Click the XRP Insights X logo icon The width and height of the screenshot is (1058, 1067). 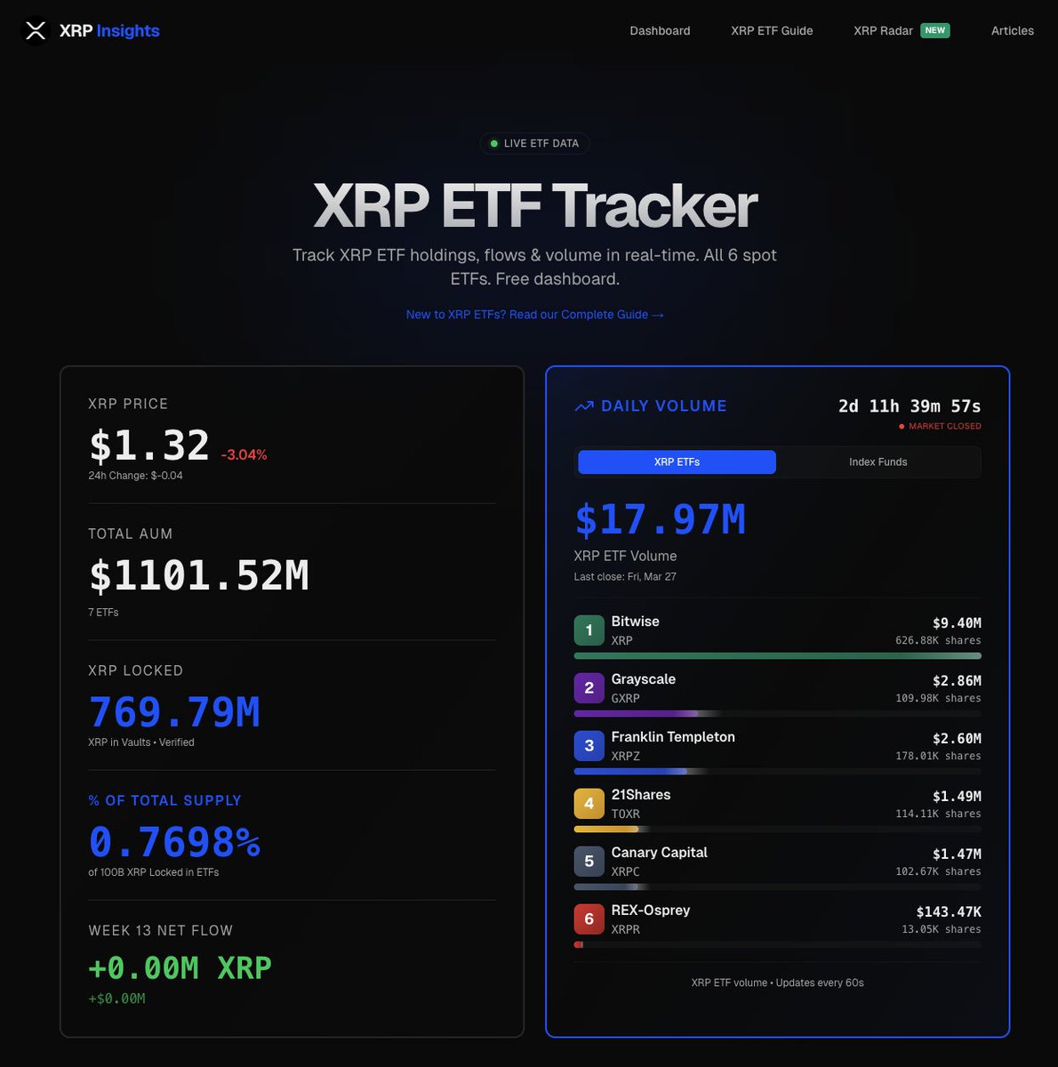[35, 31]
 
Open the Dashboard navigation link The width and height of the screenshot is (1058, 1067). [660, 31]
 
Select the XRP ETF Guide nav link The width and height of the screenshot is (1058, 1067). [772, 31]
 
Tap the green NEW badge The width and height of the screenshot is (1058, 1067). [934, 30]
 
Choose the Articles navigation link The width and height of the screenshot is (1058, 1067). [1012, 31]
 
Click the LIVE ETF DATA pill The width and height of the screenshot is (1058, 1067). [534, 143]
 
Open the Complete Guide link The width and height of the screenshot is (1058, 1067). [534, 315]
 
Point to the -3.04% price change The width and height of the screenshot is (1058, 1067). [244, 454]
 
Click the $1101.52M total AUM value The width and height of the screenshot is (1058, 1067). [199, 575]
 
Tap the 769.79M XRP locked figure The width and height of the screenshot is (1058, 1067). [174, 712]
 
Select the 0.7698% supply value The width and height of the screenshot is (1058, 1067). [174, 842]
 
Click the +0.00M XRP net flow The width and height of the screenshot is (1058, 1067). [180, 967]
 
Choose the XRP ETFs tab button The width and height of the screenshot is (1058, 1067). [677, 462]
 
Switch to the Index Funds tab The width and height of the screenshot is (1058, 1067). [878, 462]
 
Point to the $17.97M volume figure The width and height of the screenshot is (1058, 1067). [660, 520]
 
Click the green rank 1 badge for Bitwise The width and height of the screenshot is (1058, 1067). [589, 630]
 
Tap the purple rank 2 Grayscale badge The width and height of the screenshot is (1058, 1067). [589, 688]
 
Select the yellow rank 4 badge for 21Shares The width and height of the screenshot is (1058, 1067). [589, 804]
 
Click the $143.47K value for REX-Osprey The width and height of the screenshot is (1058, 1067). [949, 911]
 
